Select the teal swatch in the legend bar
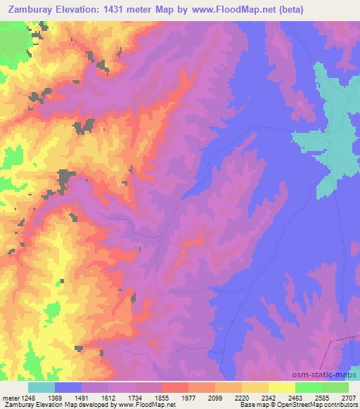(41, 387)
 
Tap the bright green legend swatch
(308, 387)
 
